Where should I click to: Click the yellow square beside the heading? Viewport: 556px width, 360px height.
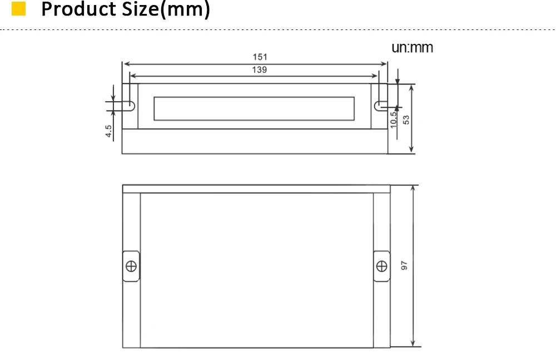coord(18,9)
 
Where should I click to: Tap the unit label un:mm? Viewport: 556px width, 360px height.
coord(412,47)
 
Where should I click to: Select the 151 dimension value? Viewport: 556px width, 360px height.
coord(260,57)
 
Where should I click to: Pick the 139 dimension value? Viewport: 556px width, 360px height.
coord(260,70)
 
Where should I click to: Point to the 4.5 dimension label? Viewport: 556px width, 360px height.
coord(108,131)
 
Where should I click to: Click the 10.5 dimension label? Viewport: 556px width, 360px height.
coord(394,120)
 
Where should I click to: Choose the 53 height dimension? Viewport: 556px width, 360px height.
coord(406,120)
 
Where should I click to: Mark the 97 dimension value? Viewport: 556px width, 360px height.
coord(404,266)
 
